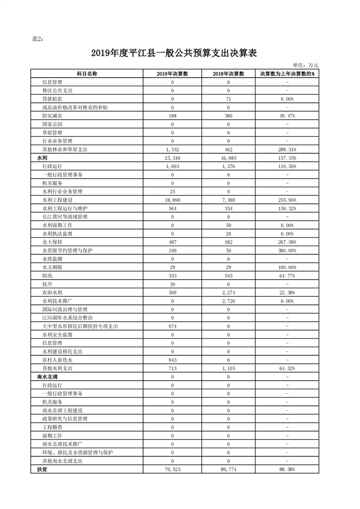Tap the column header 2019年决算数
pyautogui.click(x=173, y=74)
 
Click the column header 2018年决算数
pyautogui.click(x=228, y=74)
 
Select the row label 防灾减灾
pyautogui.click(x=52, y=116)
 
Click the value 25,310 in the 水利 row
pyautogui.click(x=173, y=158)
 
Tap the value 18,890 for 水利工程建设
pyautogui.click(x=173, y=200)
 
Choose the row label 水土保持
pyautogui.click(x=52, y=242)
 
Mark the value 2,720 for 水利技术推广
pyautogui.click(x=228, y=301)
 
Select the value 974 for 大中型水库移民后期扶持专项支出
pyautogui.click(x=173, y=326)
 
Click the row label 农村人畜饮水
pyautogui.click(x=56, y=360)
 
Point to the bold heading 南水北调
pyautogui.click(x=46, y=377)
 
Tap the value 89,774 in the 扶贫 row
pyautogui.click(x=228, y=469)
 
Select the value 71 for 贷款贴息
pyautogui.click(x=228, y=99)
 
